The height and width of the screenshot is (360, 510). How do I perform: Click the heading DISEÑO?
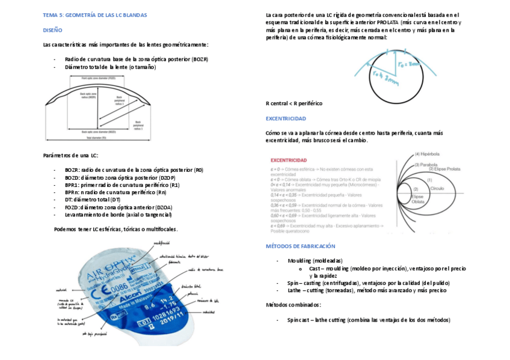pos(52,29)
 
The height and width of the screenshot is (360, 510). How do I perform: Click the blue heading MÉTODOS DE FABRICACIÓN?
pos(300,246)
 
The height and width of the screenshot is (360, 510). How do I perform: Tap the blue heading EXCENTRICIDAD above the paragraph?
pos(286,118)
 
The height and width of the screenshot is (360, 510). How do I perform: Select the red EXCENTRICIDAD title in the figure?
pos(289,160)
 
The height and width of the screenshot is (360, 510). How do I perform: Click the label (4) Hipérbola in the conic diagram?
pos(426,154)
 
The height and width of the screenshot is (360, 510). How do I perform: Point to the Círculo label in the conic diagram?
pos(437,188)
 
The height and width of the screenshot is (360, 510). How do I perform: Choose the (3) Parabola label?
pos(425,163)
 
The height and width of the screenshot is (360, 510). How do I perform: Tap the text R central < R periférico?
pos(294,103)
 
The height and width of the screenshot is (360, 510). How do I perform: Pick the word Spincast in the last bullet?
pos(298,320)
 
